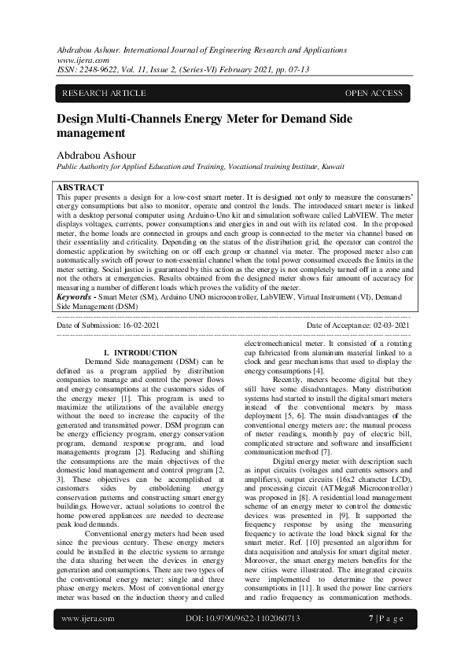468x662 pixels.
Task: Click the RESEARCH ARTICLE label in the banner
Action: pos(104,94)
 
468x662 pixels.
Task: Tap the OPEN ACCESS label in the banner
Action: pos(374,94)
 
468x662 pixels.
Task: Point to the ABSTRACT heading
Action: pos(81,188)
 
